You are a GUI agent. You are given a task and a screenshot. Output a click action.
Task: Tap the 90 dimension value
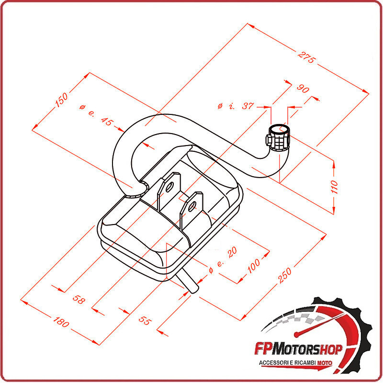point(303,89)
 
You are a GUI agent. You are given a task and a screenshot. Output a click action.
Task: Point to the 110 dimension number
point(334,186)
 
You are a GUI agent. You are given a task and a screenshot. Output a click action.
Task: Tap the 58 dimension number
point(79,300)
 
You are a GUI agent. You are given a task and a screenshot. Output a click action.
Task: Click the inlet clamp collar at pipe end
point(278,137)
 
